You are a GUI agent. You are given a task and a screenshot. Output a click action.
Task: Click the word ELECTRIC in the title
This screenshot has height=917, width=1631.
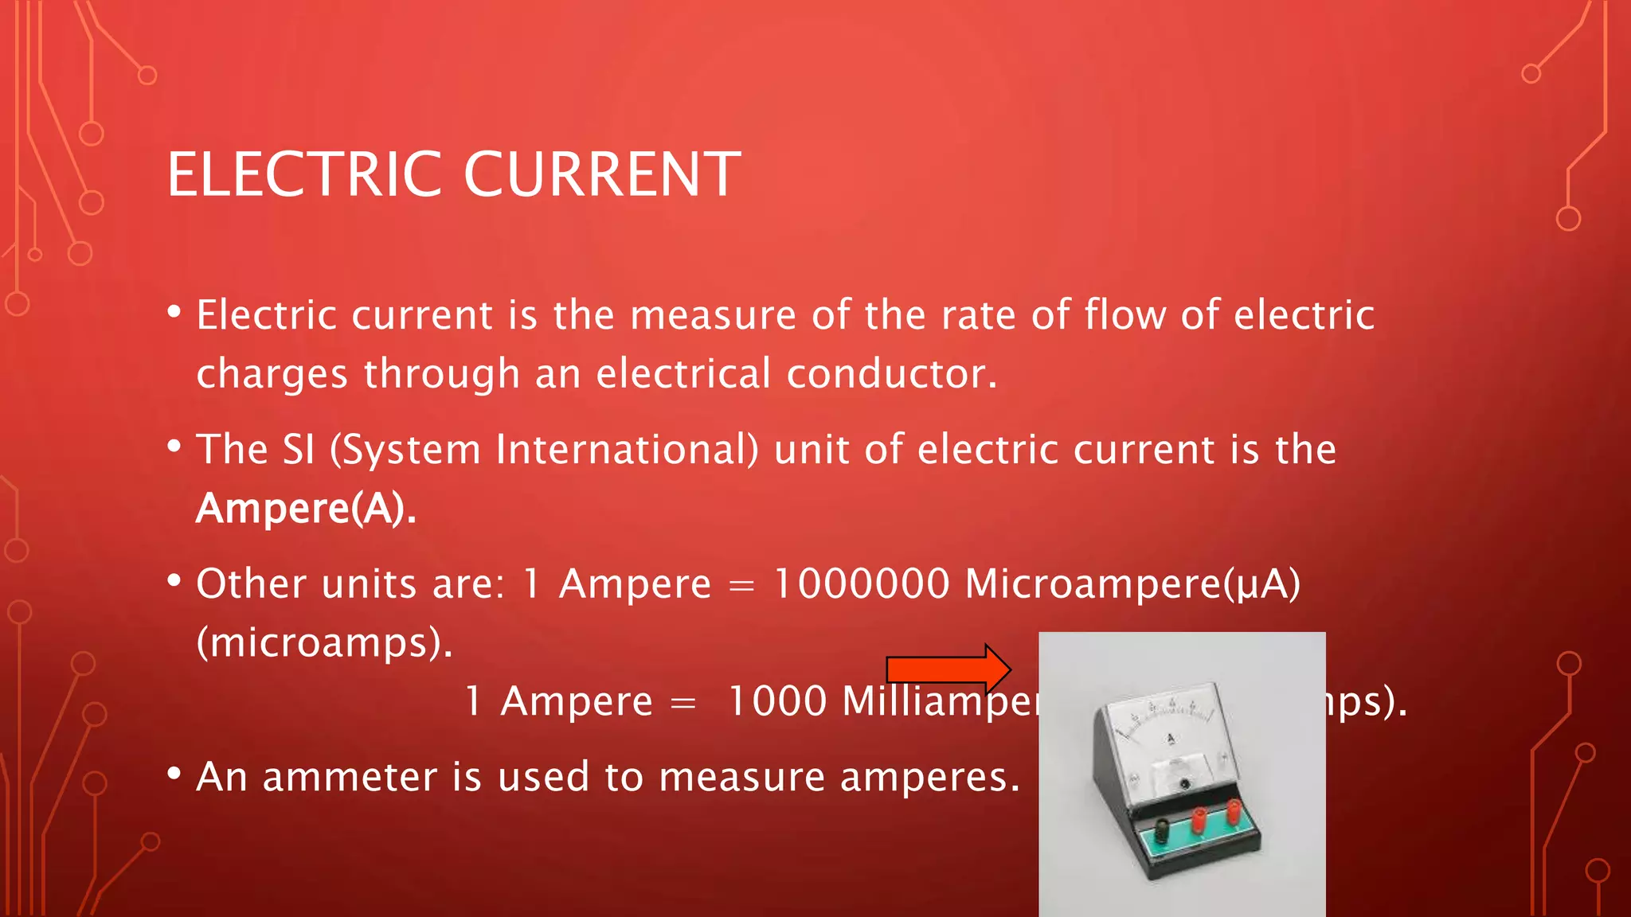[304, 174]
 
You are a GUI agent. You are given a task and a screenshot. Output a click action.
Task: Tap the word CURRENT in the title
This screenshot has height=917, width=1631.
[602, 174]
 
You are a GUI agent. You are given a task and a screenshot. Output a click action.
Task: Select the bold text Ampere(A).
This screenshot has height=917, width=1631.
[306, 508]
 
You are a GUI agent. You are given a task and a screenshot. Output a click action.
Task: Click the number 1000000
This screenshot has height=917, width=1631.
[862, 583]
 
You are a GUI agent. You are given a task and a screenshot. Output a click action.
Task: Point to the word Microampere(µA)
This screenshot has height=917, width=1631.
[1132, 585]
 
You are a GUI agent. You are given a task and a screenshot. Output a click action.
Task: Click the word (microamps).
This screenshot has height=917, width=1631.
[324, 642]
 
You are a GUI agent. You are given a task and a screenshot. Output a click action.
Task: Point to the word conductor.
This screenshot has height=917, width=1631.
[891, 373]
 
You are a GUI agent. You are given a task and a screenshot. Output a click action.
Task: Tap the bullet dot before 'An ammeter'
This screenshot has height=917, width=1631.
[174, 773]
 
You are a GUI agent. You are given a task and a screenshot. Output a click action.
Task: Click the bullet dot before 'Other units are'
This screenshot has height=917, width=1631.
[174, 580]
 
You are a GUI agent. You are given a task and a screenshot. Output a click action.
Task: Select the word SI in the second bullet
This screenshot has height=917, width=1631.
[299, 449]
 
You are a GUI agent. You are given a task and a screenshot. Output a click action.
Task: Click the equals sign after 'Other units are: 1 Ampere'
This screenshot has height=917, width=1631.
[741, 586]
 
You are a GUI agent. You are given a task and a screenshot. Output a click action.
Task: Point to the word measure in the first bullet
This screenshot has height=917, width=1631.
[713, 314]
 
